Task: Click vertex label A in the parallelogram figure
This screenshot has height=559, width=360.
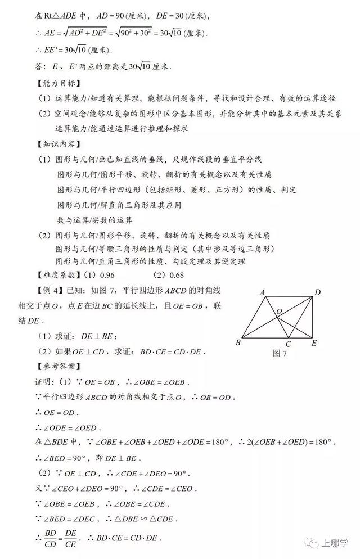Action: point(262,292)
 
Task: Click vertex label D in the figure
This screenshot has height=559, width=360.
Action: point(318,292)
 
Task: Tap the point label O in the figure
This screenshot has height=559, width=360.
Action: point(278,311)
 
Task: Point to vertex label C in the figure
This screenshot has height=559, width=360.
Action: point(287,344)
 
